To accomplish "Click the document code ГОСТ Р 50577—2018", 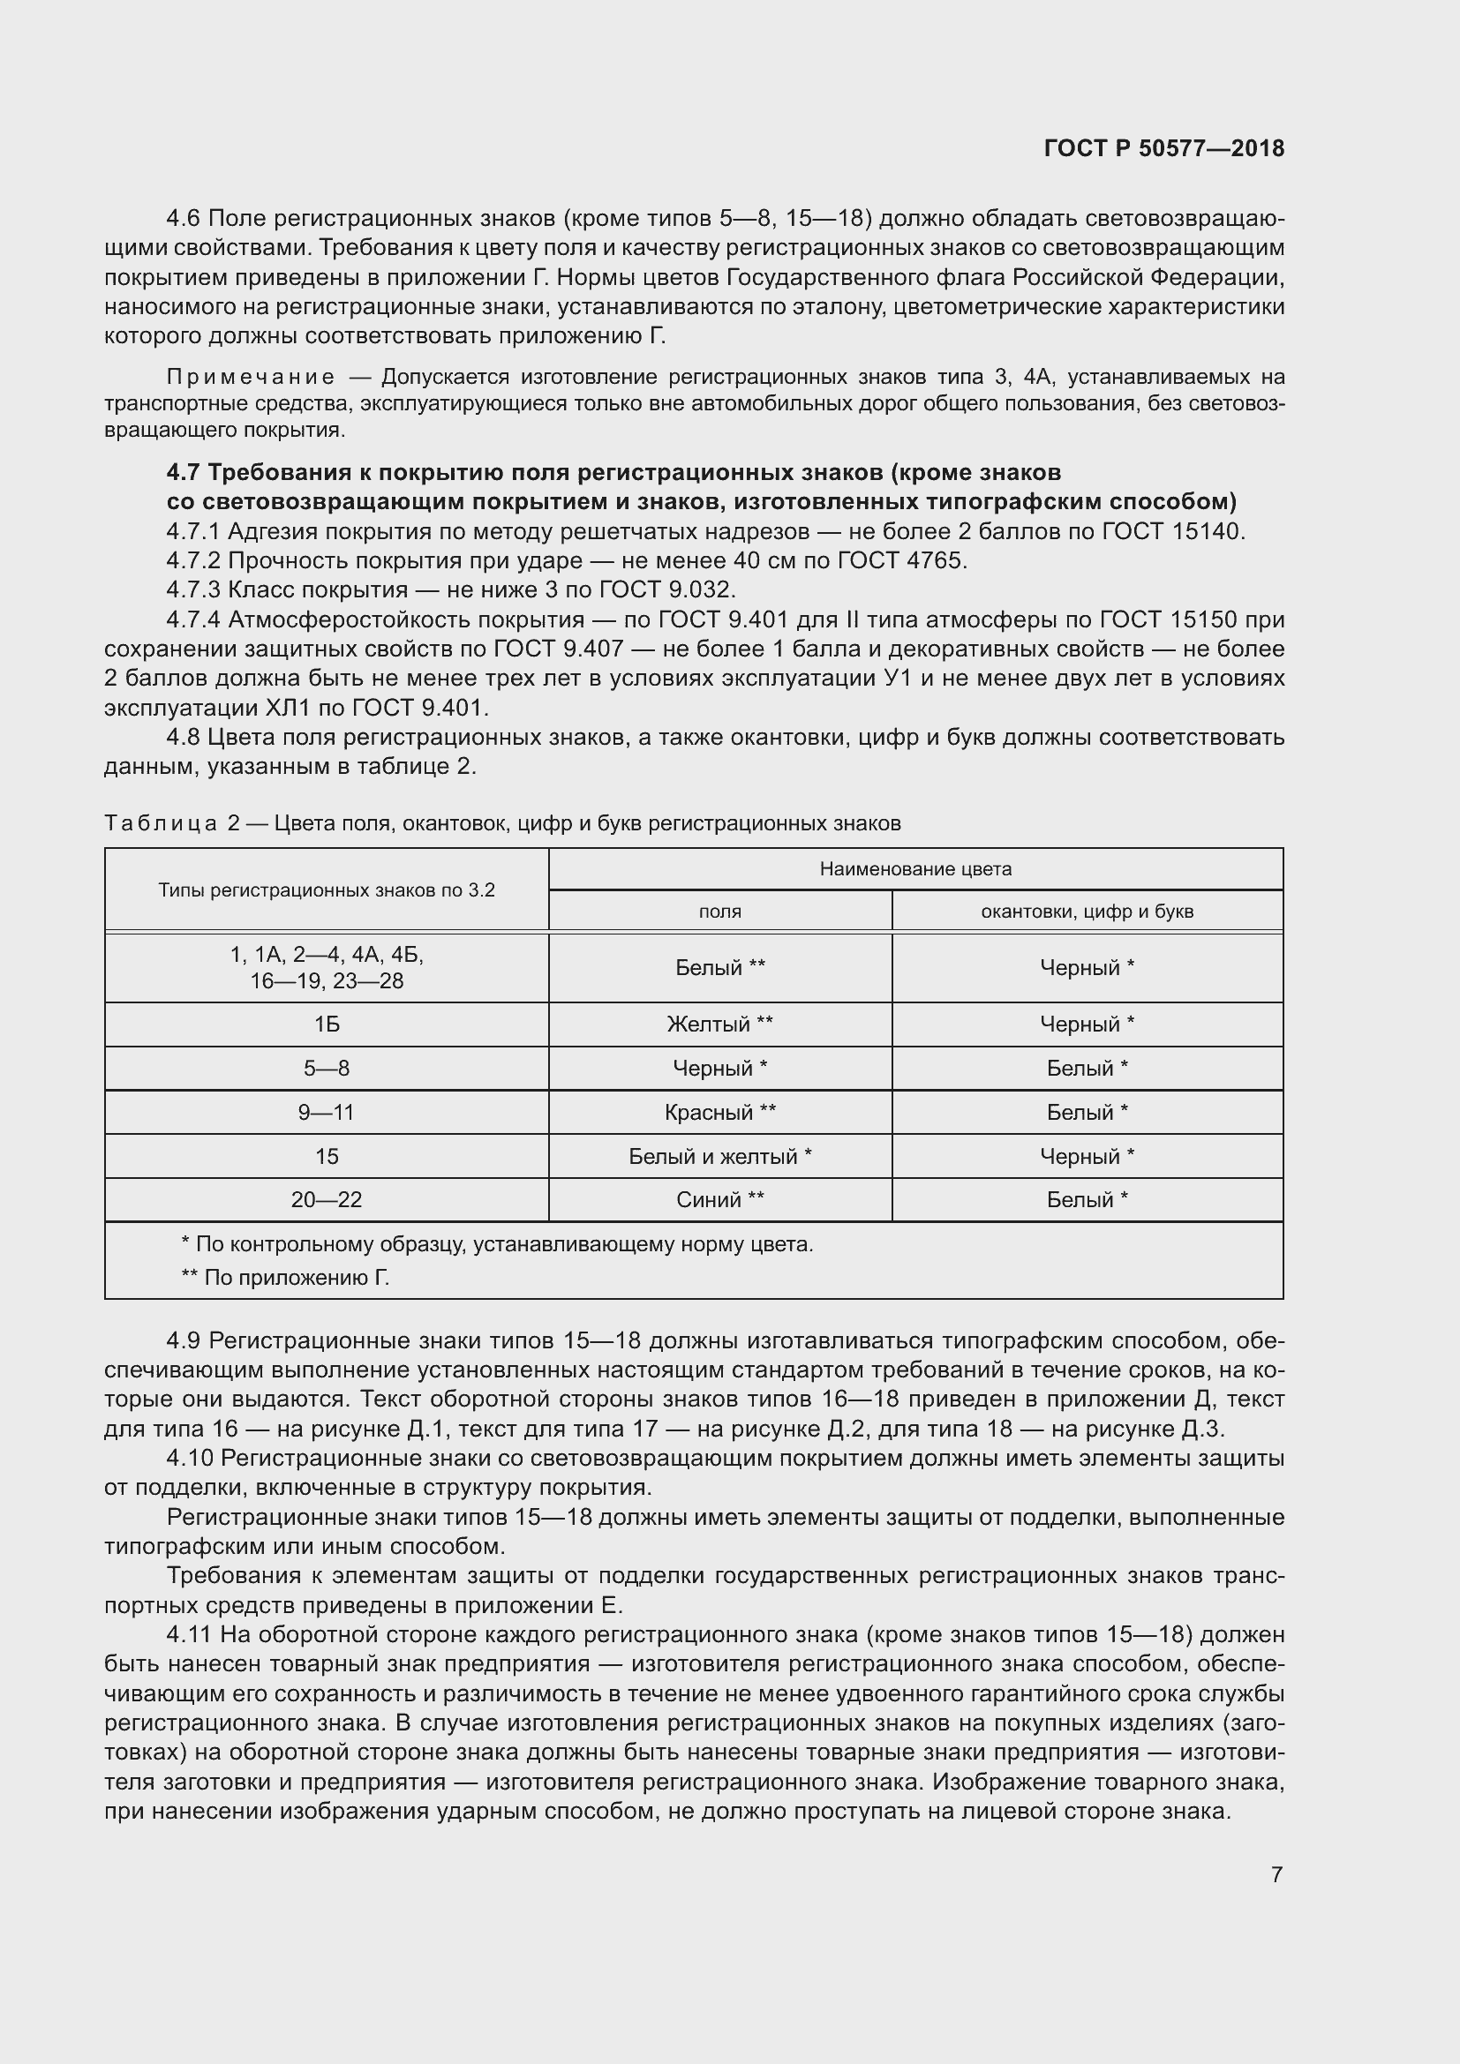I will (x=1163, y=149).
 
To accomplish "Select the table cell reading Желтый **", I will (x=719, y=1024).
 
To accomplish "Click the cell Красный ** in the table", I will (x=719, y=1112).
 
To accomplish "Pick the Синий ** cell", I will (x=719, y=1199).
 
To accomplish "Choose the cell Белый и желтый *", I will (x=719, y=1156).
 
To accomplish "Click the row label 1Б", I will (x=327, y=1024).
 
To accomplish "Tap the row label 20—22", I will (x=327, y=1199).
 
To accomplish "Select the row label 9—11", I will (x=327, y=1112).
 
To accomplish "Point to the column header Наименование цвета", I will (x=915, y=869).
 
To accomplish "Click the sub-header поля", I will (x=719, y=912).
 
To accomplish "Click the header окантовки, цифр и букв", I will (x=1087, y=912).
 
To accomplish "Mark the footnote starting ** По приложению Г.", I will (x=285, y=1278).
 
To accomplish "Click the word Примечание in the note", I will (x=251, y=377).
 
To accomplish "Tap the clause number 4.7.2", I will (x=193, y=561).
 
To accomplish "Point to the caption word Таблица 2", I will (x=172, y=823).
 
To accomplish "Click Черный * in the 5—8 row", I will (x=719, y=1068).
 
